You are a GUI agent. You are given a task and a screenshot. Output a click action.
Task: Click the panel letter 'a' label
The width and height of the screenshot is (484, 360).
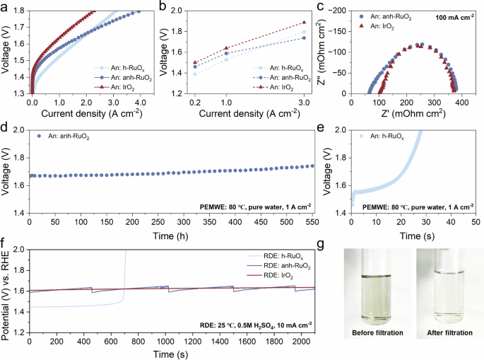coord(4,7)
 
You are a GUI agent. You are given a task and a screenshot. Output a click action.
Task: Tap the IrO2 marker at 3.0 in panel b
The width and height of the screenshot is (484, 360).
coord(304,22)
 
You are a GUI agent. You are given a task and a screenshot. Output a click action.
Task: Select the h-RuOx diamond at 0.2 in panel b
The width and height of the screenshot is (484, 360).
coord(195,74)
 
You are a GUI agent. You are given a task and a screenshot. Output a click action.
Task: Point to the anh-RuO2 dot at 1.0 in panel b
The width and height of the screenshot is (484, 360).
coord(226,54)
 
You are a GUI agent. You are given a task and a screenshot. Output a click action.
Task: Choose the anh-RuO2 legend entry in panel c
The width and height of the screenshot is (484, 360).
coord(385,17)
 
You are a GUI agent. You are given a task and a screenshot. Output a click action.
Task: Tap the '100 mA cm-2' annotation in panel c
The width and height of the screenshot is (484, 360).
coord(454,17)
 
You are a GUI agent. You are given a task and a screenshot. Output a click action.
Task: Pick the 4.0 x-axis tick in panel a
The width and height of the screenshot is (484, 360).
coord(141,103)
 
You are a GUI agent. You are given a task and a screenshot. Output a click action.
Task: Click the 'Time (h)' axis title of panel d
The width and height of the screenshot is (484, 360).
coord(170,236)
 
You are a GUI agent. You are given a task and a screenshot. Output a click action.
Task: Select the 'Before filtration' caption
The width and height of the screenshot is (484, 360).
coord(377,333)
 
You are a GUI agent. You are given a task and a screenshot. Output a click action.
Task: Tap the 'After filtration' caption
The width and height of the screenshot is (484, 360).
coord(450,333)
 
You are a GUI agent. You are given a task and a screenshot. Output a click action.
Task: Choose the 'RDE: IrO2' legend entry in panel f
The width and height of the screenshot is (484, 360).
coord(278,276)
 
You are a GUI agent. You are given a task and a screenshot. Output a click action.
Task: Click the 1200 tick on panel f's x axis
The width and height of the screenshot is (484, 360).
coord(192,341)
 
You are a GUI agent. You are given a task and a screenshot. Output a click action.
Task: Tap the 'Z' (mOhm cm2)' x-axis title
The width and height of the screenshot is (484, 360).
coord(413,113)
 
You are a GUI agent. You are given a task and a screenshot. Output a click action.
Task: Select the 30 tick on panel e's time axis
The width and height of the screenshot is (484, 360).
coord(426,222)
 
